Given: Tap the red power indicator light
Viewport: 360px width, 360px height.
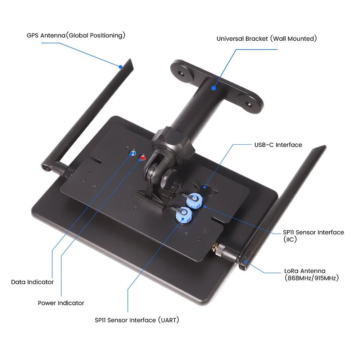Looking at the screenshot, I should (143, 158).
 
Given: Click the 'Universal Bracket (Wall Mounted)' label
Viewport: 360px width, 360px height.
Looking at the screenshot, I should (266, 39).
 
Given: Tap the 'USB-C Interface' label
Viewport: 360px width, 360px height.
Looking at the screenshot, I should (278, 145).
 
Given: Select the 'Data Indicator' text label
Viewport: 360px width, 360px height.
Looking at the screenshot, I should (32, 282).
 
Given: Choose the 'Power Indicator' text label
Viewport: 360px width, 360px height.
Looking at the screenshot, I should (61, 303).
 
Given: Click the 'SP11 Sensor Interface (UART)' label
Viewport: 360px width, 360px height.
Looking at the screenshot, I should (137, 320).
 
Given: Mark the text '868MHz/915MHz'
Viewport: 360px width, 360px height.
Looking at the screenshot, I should (311, 278).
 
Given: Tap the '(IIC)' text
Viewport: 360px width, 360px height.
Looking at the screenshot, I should (290, 239).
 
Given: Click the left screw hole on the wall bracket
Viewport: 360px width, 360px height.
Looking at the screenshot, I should (182, 73).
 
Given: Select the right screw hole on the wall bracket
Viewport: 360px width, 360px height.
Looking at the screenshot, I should (248, 104).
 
